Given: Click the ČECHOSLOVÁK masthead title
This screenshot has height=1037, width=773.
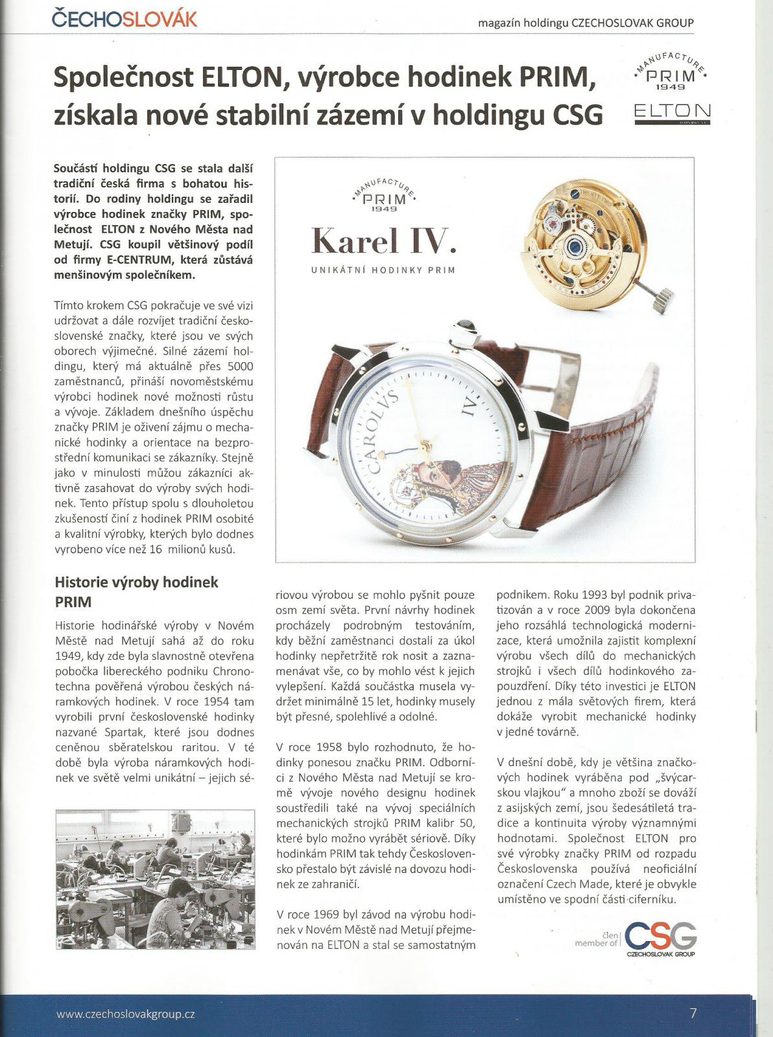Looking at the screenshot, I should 125,18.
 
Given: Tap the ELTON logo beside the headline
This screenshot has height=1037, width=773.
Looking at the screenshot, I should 672,111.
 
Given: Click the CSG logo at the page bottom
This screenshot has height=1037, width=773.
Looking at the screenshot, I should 660,938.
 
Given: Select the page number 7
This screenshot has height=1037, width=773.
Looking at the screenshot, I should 693,1014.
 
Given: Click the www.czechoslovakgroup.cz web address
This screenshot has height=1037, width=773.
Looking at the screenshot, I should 126,1014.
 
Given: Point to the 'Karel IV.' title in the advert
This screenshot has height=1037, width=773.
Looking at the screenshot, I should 384,241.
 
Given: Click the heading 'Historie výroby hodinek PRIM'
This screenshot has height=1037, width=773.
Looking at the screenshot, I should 136,591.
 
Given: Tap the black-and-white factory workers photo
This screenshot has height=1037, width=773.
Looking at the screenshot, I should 155,879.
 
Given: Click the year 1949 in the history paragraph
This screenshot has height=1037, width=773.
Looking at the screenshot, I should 69,656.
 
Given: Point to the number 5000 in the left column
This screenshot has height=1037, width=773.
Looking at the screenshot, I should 240,366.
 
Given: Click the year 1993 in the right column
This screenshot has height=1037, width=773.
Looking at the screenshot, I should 595,594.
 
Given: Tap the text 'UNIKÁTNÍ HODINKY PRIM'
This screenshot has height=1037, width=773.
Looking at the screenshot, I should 383,270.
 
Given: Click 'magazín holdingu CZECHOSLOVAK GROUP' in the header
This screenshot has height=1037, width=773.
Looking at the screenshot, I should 585,23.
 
